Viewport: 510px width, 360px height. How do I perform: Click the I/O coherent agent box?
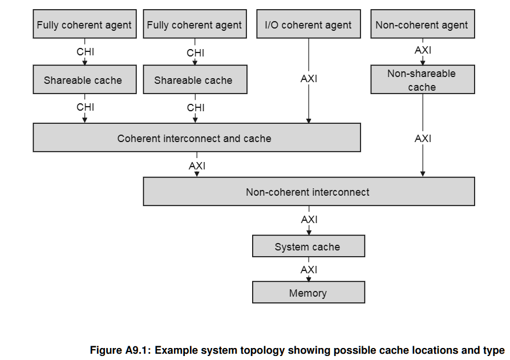pos(309,24)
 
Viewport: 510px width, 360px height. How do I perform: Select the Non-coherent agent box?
pos(423,24)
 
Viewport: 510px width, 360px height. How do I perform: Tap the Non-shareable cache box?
pos(423,80)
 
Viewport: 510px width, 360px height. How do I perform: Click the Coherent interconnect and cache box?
pos(197,137)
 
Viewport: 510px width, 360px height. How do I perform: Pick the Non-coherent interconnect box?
pos(309,192)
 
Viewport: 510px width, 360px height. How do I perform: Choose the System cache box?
pos(309,246)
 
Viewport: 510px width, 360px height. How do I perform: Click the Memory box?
pos(309,292)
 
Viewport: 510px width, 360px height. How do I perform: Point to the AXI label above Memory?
pos(309,270)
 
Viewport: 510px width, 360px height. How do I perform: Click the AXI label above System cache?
pos(309,220)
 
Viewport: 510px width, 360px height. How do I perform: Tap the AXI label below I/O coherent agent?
pos(309,79)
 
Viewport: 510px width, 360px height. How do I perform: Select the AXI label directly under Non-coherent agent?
pos(423,50)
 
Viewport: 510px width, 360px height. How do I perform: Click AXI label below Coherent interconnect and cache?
pos(197,166)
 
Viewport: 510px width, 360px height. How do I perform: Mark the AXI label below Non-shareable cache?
pos(423,139)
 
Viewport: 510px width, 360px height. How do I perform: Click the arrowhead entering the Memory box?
pos(309,279)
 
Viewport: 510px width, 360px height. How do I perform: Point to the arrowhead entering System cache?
pos(309,233)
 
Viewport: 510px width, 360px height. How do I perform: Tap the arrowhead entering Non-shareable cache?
pos(423,62)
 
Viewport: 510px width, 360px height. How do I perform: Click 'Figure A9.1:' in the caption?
pos(120,350)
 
